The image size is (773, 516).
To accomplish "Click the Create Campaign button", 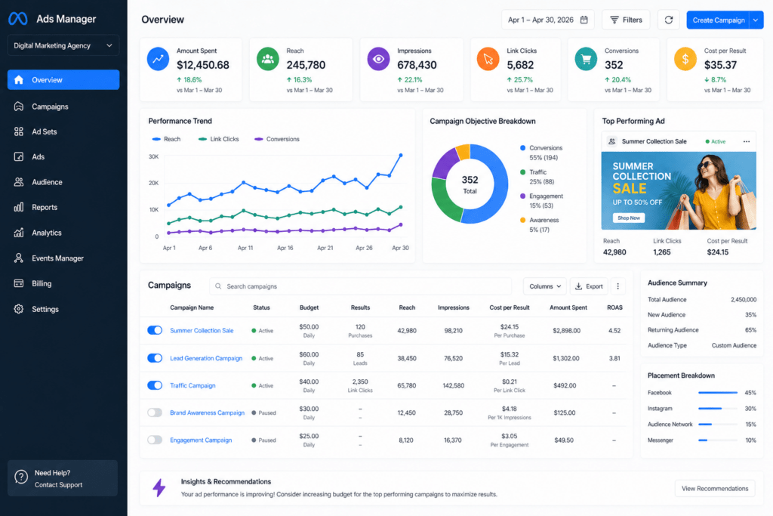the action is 719,20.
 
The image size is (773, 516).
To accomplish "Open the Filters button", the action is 626,20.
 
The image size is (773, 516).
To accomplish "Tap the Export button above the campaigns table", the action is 589,286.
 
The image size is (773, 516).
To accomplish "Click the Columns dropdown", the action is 545,286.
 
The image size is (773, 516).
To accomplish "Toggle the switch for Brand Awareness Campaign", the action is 155,412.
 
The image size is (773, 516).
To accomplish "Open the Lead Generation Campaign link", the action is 206,358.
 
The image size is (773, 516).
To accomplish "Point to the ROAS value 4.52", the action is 614,330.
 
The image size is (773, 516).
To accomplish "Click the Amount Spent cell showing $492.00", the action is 565,385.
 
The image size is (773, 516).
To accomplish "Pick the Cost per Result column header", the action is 510,307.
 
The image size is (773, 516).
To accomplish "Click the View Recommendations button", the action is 715,488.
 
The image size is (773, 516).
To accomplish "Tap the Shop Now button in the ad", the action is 629,218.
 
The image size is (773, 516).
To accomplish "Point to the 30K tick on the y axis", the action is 153,157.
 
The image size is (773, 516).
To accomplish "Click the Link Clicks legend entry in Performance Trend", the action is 218,139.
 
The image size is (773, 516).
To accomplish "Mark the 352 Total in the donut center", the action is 470,184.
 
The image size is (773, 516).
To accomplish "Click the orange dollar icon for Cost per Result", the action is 685,59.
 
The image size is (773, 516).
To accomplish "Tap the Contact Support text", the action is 58,485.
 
